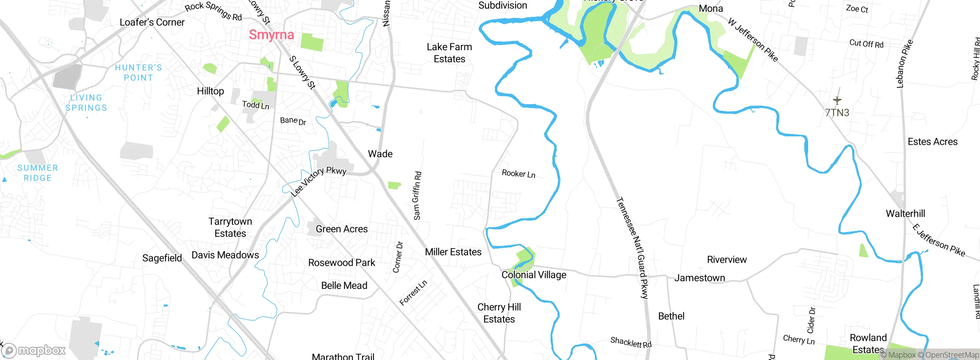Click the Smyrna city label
click(x=271, y=35)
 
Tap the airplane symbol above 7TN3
click(x=837, y=100)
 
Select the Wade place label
click(x=380, y=154)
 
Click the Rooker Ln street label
click(x=518, y=174)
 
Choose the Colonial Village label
click(x=534, y=275)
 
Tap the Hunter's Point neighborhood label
click(x=139, y=72)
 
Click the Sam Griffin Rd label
click(x=417, y=195)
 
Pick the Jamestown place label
click(x=699, y=278)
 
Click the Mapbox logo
click(x=34, y=350)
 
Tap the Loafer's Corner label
click(x=152, y=22)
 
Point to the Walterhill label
click(x=905, y=214)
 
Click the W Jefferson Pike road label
click(x=753, y=39)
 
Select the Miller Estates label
click(x=453, y=252)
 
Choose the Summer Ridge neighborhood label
click(x=38, y=173)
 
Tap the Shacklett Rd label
click(x=630, y=342)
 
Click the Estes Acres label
click(x=933, y=142)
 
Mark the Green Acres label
click(x=341, y=229)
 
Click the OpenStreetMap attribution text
click(x=952, y=355)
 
